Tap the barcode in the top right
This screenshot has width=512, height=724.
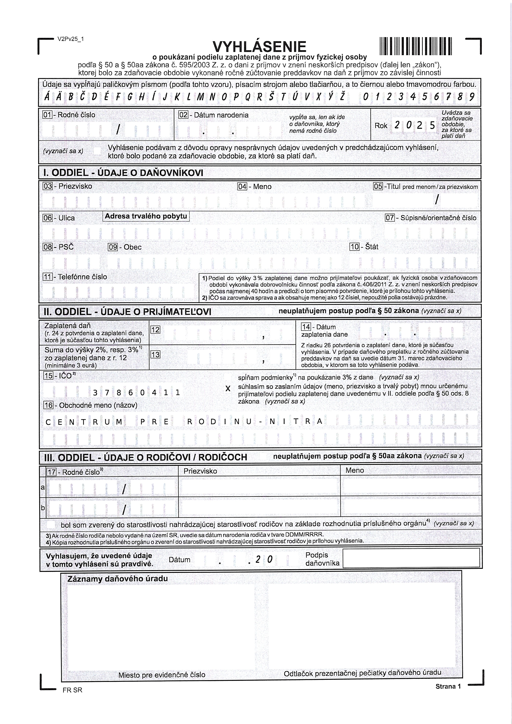[416, 46]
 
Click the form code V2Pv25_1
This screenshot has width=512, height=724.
[70, 39]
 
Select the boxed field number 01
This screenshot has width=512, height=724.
[47, 115]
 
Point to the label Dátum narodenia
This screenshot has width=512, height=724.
[221, 115]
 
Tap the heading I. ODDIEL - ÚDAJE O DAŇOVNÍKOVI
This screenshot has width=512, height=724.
[123, 173]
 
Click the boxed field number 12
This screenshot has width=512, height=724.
[155, 330]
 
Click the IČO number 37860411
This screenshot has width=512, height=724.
[136, 393]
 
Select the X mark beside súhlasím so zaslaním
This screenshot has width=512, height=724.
[228, 389]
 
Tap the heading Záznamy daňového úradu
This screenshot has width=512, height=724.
[117, 579]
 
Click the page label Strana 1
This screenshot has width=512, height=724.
[448, 686]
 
